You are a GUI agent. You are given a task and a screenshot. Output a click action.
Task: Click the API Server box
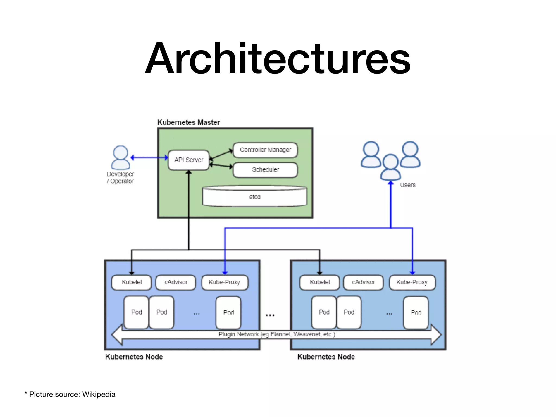pyautogui.click(x=189, y=160)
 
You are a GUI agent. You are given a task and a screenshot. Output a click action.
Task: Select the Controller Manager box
pyautogui.click(x=265, y=150)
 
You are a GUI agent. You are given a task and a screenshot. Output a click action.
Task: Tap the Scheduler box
pyautogui.click(x=265, y=170)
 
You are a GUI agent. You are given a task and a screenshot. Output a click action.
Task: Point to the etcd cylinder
pyautogui.click(x=255, y=197)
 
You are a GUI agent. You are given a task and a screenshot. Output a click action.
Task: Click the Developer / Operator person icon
pyautogui.click(x=121, y=158)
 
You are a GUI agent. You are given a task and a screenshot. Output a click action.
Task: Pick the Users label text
pyautogui.click(x=407, y=185)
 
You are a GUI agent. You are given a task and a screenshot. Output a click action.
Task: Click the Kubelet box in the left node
pyautogui.click(x=132, y=282)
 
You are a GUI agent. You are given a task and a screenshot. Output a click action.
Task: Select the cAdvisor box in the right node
pyautogui.click(x=363, y=282)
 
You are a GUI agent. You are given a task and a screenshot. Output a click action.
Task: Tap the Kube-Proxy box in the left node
pyautogui.click(x=225, y=282)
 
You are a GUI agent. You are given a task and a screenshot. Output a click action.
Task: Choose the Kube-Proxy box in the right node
pyautogui.click(x=412, y=282)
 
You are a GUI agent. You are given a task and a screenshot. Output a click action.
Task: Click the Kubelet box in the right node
pyautogui.click(x=320, y=282)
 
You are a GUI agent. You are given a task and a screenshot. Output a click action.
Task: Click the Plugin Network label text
pyautogui.click(x=277, y=334)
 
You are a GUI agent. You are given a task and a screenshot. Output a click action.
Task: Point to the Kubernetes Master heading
pyautogui.click(x=189, y=122)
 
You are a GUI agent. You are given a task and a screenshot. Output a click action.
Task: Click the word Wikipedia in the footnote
pyautogui.click(x=99, y=394)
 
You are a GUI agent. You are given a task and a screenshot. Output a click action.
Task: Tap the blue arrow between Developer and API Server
pyautogui.click(x=149, y=157)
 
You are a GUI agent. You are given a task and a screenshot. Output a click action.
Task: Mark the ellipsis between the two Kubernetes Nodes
pyautogui.click(x=270, y=315)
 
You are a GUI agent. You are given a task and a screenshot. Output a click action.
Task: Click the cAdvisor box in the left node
pyautogui.click(x=176, y=282)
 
